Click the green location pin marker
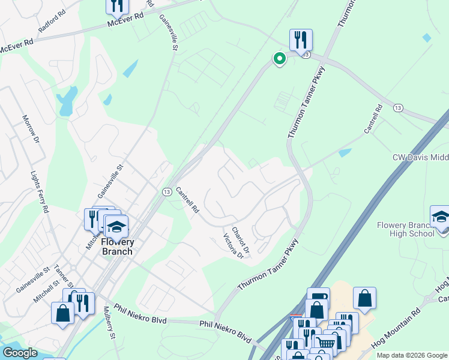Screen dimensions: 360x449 [279, 58]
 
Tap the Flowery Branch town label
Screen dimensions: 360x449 [117, 247]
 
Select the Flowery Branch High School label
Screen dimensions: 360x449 [405, 229]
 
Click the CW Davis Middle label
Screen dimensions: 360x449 [420, 157]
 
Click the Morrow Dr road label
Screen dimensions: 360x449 [31, 129]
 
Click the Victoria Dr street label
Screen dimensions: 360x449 [233, 247]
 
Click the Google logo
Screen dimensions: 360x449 [20, 353]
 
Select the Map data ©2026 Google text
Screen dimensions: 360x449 [412, 355]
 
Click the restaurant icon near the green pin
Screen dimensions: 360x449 [300, 40]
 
